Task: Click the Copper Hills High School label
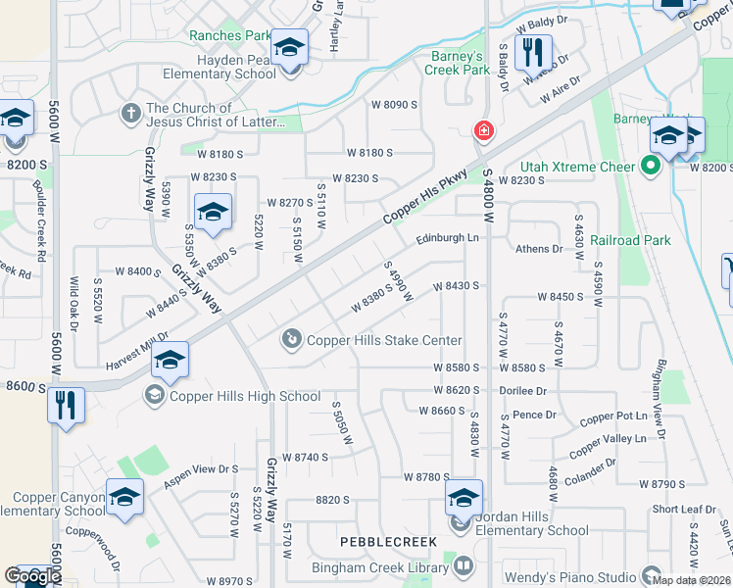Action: pyautogui.click(x=245, y=396)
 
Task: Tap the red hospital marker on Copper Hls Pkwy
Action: pyautogui.click(x=482, y=130)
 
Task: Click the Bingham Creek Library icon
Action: pyautogui.click(x=462, y=566)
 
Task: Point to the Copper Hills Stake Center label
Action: pyautogui.click(x=384, y=340)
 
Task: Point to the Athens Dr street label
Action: pyautogui.click(x=540, y=249)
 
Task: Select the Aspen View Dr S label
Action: pyautogui.click(x=201, y=469)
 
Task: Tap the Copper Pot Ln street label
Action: pyautogui.click(x=613, y=416)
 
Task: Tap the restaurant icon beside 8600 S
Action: pyautogui.click(x=67, y=405)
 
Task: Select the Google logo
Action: pyautogui.click(x=32, y=575)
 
